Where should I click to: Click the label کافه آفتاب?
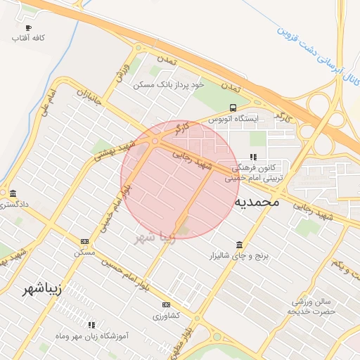[x=28, y=37]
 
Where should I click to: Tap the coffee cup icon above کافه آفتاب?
[x=28, y=27]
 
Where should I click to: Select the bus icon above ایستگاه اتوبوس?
[x=232, y=108]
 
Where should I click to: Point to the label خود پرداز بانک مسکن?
[x=169, y=84]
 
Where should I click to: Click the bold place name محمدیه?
[x=257, y=202]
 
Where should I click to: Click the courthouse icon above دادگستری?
[x=13, y=193]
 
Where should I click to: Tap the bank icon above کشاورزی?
[x=166, y=304]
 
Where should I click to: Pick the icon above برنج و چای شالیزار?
[x=240, y=245]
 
